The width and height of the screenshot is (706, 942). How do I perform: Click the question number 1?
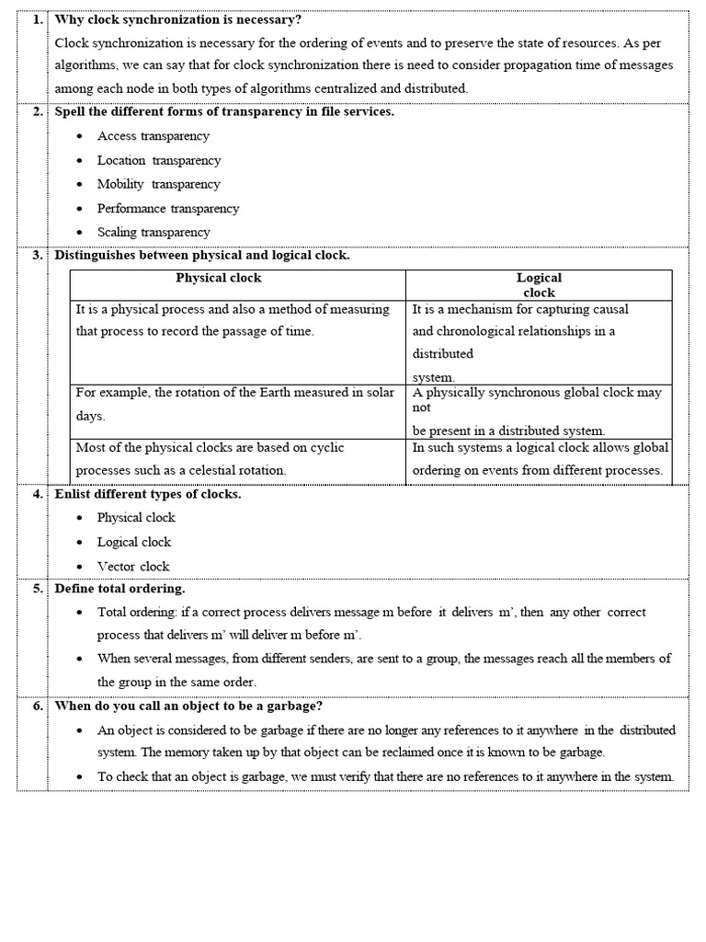tap(37, 19)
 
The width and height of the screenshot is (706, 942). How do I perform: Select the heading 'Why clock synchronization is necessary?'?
tap(178, 19)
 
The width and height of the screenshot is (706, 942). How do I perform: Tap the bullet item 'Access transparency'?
tap(153, 136)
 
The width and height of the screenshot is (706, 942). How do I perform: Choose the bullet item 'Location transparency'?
tap(159, 160)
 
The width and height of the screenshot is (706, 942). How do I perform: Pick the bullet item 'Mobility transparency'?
tap(158, 184)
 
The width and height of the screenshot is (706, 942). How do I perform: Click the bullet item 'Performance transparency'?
tap(167, 208)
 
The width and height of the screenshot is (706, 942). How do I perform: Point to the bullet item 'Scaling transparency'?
tap(154, 232)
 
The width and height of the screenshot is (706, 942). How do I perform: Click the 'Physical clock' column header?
tap(219, 278)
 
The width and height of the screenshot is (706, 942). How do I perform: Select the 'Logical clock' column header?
tap(539, 284)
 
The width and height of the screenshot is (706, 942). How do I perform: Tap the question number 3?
tap(37, 256)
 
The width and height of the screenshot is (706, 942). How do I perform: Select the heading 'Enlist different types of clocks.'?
tap(148, 494)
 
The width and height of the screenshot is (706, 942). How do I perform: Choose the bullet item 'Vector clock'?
tap(133, 566)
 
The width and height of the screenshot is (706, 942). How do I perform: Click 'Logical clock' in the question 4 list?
tap(134, 542)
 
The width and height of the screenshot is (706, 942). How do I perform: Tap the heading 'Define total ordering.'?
tap(120, 589)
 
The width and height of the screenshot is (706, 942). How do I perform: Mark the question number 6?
tap(37, 706)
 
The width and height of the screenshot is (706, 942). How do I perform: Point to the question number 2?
tap(37, 112)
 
